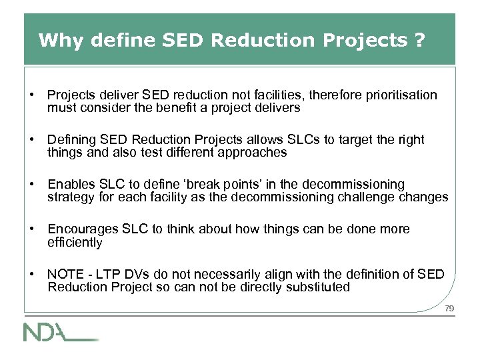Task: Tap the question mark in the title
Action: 419,40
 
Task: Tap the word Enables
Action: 70,184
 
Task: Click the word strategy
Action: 69,197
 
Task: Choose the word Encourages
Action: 82,229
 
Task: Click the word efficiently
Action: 75,241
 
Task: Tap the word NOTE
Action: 64,274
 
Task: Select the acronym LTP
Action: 103,274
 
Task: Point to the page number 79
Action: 449,308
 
